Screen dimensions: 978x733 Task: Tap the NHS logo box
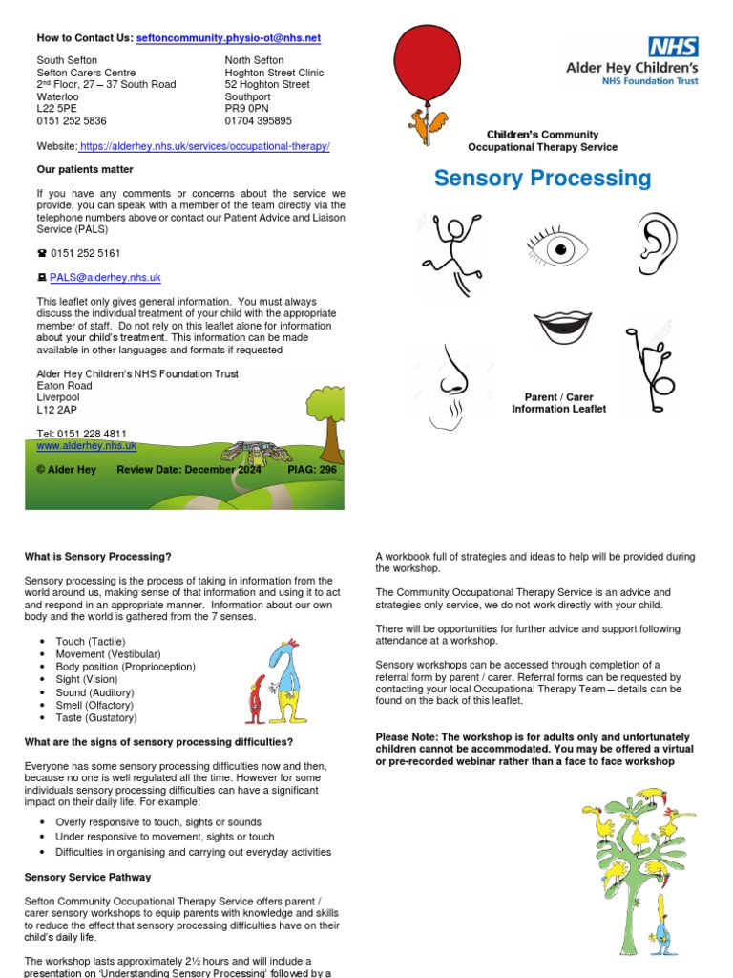pyautogui.click(x=673, y=47)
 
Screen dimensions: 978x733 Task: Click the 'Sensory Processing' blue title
pyautogui.click(x=542, y=179)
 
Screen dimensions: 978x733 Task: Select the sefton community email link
pyautogui.click(x=228, y=38)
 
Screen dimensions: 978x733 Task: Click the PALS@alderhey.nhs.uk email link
pyautogui.click(x=105, y=277)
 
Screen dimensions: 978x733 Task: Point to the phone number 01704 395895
pyautogui.click(x=259, y=121)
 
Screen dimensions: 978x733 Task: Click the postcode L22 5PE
pyautogui.click(x=58, y=109)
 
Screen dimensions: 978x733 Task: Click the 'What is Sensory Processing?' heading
pyautogui.click(x=97, y=556)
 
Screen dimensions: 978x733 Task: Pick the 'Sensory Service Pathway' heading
pyautogui.click(x=87, y=877)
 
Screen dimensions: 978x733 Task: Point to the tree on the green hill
pyautogui.click(x=327, y=421)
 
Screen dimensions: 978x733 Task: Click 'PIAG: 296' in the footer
pyautogui.click(x=311, y=470)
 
